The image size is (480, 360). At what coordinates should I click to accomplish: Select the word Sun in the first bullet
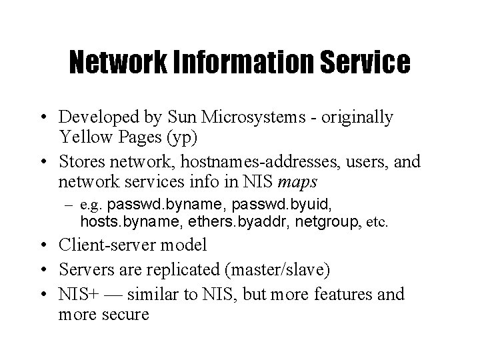[x=183, y=117]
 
